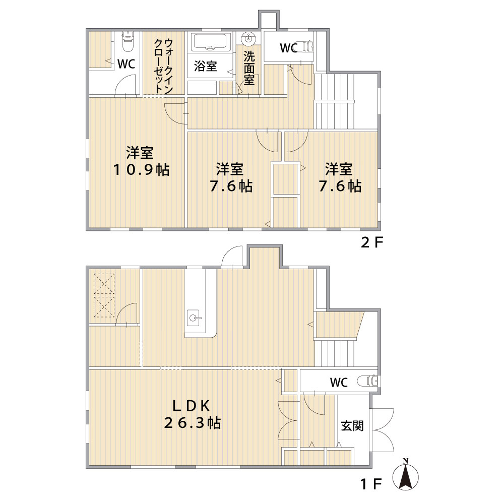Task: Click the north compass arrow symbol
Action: coord(406,475)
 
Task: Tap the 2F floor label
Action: coord(372,243)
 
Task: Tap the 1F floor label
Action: coord(372,484)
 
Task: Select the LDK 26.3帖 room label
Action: coord(192,415)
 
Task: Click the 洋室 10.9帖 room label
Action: coord(141,161)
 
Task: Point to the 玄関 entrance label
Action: coord(352,426)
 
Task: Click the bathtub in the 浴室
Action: coord(212,42)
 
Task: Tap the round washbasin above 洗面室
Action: coord(248,38)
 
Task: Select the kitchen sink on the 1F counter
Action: coord(195,318)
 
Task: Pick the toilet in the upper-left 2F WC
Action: coord(128,42)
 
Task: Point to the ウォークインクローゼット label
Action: coord(164,66)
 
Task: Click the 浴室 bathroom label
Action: coord(206,66)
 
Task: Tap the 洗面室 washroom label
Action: coord(249,68)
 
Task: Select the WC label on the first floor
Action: coord(339,383)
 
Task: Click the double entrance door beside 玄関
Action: coord(383,430)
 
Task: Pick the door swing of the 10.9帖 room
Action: coord(175,114)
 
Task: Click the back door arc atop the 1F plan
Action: coord(232,256)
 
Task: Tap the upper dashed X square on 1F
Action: coord(104,283)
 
